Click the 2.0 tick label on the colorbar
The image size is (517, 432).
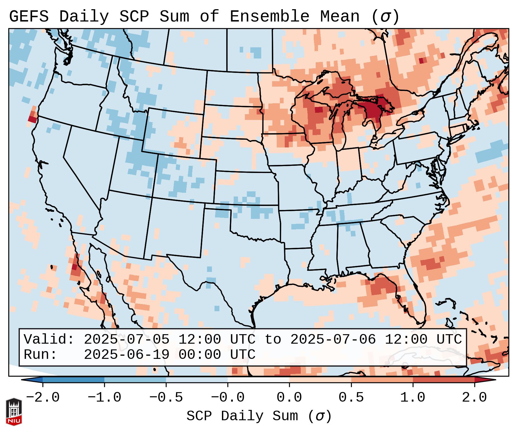coord(475,398)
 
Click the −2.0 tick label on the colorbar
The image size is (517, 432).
coord(43,398)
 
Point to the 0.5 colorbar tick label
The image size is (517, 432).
coord(351,398)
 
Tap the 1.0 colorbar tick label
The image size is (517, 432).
coord(413,398)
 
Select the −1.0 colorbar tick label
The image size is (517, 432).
coord(104,398)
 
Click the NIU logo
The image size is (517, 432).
coord(14,412)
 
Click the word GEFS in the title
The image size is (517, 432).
coord(29,17)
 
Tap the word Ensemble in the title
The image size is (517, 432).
coord(270,17)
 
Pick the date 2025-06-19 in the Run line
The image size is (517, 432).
coord(126,355)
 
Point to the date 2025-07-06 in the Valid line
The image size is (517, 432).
coord(333,339)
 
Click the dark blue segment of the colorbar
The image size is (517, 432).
coord(73,380)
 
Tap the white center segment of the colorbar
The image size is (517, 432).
coord(258,380)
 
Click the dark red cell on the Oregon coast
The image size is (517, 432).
coord(32,119)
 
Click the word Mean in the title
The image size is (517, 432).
coord(340,17)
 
